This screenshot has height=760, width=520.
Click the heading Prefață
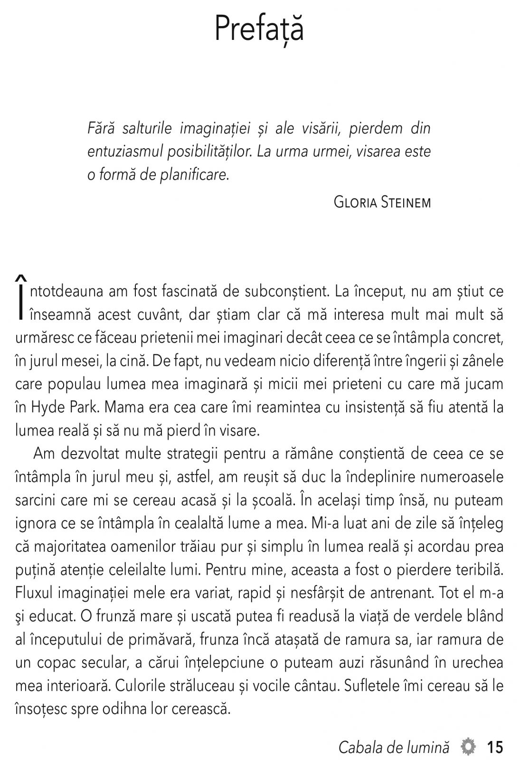click(259, 28)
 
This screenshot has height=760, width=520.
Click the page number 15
click(494, 747)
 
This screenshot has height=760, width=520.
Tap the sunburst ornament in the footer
click(468, 747)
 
